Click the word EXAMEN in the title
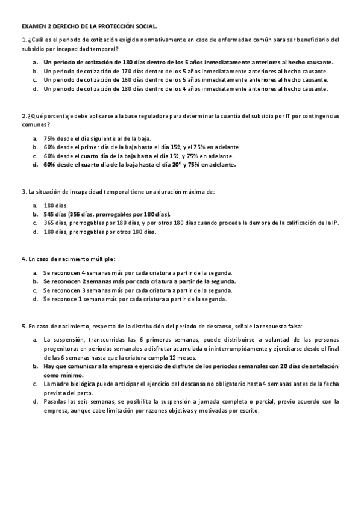coord(34,26)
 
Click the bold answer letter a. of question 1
coord(36,61)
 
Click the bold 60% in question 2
coord(49,164)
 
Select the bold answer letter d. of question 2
coord(36,164)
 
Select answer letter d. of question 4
coord(36,299)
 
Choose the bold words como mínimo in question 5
coord(64,373)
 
